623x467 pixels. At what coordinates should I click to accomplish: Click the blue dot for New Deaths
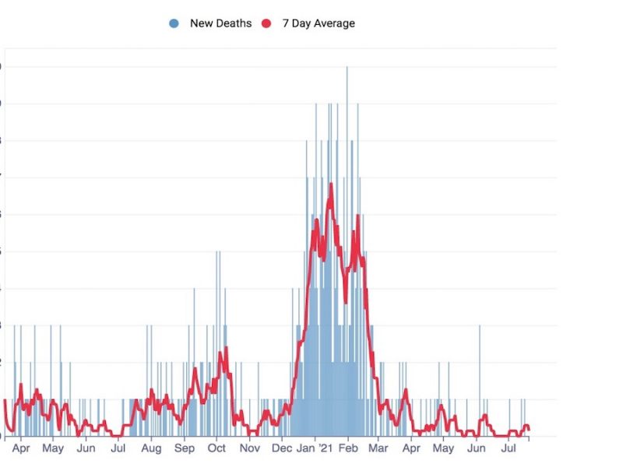point(174,23)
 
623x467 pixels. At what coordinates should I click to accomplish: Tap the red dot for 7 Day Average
point(266,23)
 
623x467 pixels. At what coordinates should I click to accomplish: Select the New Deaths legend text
point(220,23)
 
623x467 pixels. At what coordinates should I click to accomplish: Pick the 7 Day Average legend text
point(319,23)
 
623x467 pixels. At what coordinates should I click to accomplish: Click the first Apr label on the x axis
point(22,448)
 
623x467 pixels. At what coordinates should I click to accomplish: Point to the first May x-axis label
point(53,448)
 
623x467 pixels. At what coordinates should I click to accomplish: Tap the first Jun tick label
point(86,448)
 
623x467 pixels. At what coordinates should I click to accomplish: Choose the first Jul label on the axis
point(118,448)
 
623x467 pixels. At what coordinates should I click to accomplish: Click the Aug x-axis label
point(151,448)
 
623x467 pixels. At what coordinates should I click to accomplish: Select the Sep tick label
point(185,448)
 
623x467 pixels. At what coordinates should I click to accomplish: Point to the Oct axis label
point(216,448)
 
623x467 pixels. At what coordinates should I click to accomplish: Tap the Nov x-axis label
point(249,448)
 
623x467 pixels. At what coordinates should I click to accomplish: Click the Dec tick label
point(282,448)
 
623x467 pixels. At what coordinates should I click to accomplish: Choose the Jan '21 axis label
point(315,448)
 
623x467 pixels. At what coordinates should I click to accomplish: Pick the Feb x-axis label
point(348,448)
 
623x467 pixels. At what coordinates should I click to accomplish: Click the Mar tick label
point(378,448)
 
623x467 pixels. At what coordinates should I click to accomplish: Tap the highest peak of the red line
point(331,184)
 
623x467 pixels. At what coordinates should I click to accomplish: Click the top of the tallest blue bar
point(347,68)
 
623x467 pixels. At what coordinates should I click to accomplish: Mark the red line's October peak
point(226,348)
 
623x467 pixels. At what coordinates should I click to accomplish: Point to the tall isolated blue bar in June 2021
point(479,326)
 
